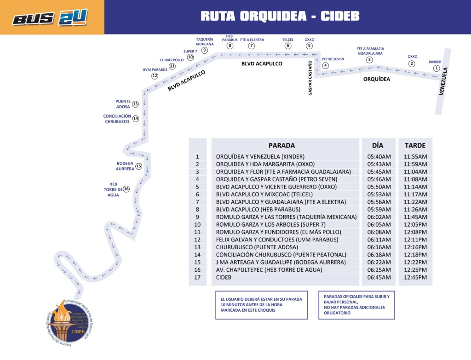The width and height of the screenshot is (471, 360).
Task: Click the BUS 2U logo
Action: pyautogui.click(x=50, y=17)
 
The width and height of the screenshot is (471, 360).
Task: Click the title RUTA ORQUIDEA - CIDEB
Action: pyautogui.click(x=280, y=16)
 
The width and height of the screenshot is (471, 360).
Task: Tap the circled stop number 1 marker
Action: pyautogui.click(x=436, y=68)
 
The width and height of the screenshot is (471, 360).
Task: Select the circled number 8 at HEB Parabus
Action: pyautogui.click(x=230, y=46)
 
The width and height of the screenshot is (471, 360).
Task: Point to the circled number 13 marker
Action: pyautogui.click(x=135, y=104)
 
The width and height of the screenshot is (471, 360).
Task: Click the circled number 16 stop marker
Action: pyautogui.click(x=126, y=189)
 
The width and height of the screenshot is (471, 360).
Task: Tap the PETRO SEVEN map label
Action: pyautogui.click(x=333, y=59)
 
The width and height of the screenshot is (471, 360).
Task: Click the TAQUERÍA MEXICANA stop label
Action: pyautogui.click(x=205, y=42)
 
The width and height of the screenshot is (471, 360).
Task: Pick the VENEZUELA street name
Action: pyautogui.click(x=443, y=82)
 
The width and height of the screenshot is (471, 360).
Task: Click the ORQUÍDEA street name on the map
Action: pyautogui.click(x=376, y=79)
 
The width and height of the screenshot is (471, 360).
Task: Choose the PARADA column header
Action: pyautogui.click(x=281, y=145)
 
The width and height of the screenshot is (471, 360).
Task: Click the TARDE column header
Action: pyautogui.click(x=415, y=145)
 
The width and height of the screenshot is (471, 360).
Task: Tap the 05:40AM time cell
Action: pyautogui.click(x=379, y=157)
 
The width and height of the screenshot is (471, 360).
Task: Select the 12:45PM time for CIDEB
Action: pyautogui.click(x=415, y=277)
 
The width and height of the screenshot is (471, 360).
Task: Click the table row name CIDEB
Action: pyautogui.click(x=224, y=277)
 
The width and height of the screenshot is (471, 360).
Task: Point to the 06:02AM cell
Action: pyautogui.click(x=379, y=217)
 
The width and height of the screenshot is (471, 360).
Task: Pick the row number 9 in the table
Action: pyautogui.click(x=197, y=217)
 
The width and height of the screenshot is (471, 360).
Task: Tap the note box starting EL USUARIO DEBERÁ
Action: pyautogui.click(x=261, y=305)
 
